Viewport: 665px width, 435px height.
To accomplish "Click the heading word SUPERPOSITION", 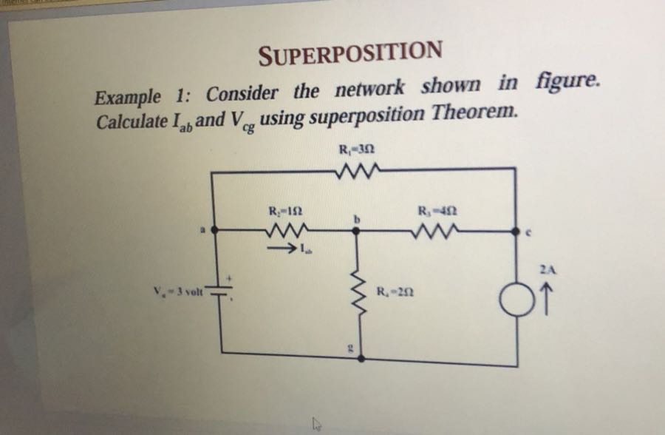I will coord(351,53).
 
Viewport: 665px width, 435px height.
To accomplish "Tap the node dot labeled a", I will coord(215,230).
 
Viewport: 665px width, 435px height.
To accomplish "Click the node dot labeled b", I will coord(357,231).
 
